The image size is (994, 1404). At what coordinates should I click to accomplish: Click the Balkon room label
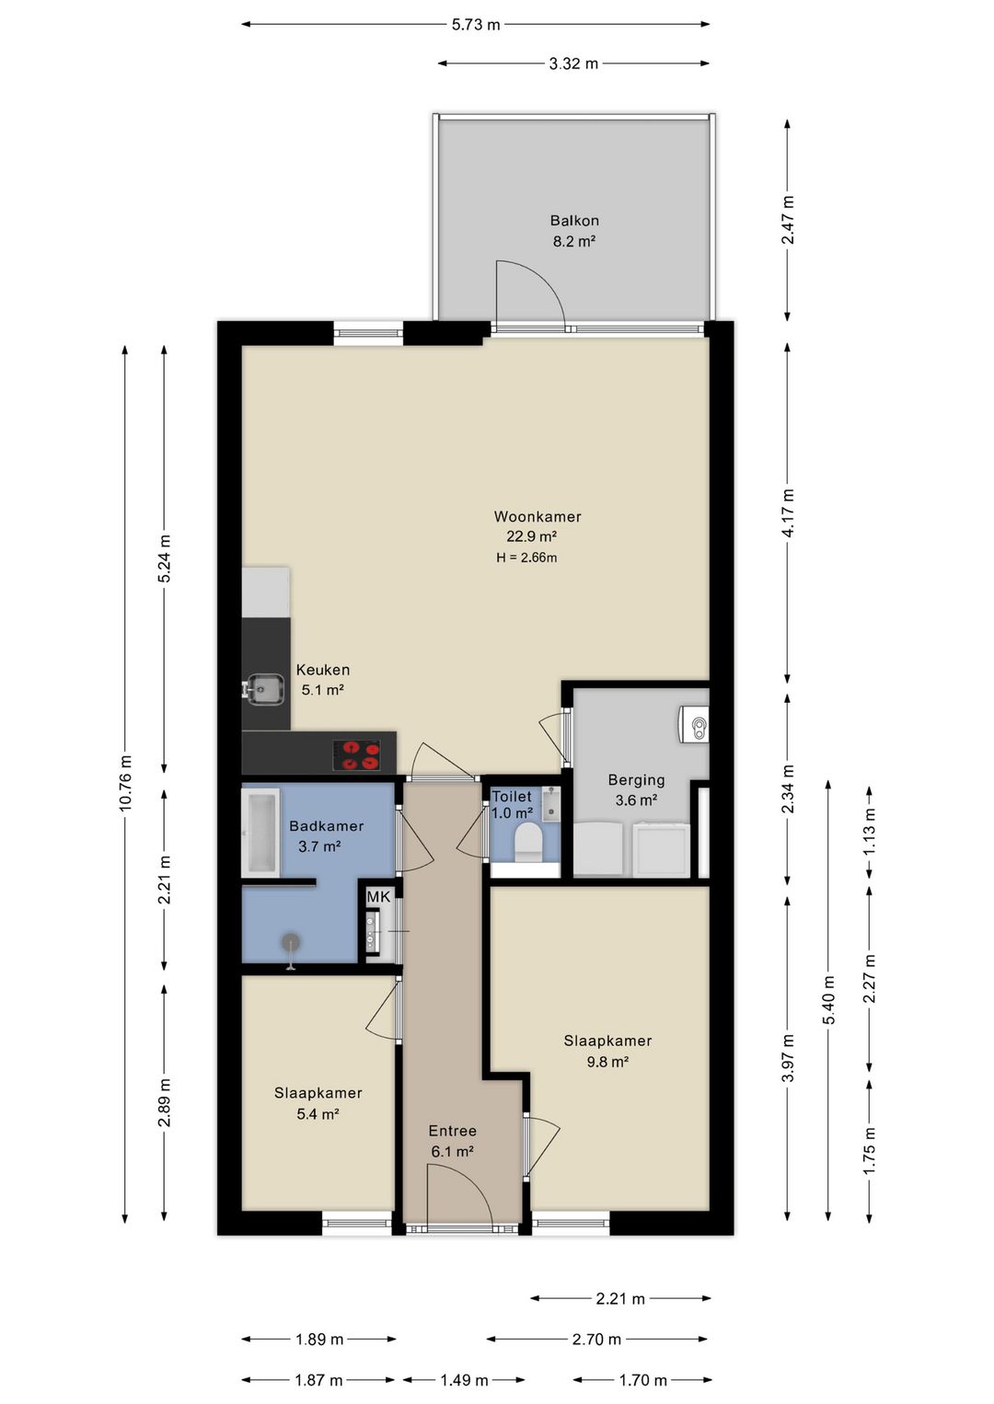click(x=573, y=221)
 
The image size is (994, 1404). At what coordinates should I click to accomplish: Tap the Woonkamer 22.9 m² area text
click(x=532, y=536)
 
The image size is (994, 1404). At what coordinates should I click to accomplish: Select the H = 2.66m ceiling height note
click(x=526, y=558)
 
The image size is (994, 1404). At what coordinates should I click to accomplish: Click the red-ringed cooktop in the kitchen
click(x=356, y=755)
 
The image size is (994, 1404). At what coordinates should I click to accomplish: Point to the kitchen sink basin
click(x=262, y=689)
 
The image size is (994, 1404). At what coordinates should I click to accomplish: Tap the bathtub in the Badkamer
click(x=260, y=833)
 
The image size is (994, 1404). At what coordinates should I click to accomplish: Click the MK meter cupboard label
click(x=378, y=897)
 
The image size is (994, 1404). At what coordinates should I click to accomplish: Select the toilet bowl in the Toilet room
click(x=527, y=842)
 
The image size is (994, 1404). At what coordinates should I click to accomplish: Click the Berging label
click(x=636, y=779)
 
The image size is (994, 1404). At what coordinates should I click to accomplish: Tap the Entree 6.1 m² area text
click(x=452, y=1151)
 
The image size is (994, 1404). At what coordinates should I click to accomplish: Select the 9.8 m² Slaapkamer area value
click(x=607, y=1061)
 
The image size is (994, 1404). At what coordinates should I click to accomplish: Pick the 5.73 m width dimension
click(x=475, y=25)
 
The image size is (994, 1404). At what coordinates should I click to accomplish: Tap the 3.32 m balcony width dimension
click(x=573, y=63)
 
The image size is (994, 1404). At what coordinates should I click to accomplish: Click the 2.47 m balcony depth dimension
click(x=788, y=220)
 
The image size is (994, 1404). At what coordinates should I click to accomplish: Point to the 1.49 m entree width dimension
click(x=464, y=1379)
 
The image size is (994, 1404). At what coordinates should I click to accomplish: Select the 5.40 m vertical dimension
click(x=828, y=1001)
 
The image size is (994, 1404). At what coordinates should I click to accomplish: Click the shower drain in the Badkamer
click(x=290, y=941)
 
